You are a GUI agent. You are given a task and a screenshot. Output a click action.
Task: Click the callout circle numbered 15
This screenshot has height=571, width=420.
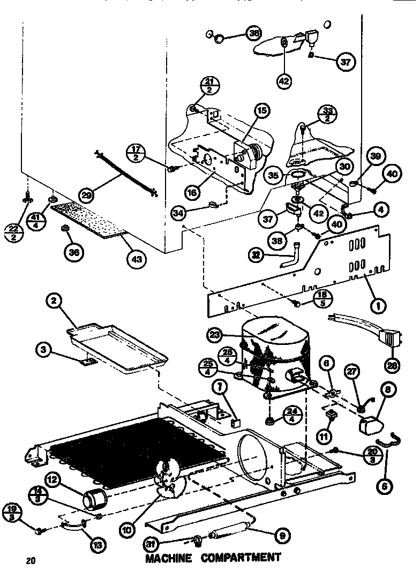tap(262, 111)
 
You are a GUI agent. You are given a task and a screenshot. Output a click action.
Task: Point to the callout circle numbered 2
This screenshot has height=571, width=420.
tap(53, 302)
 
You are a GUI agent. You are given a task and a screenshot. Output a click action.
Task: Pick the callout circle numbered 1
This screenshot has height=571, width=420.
tap(378, 307)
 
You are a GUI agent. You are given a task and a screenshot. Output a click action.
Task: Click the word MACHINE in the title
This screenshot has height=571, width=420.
tap(169, 558)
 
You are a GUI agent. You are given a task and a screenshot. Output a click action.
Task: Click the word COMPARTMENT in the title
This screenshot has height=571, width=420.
tap(241, 558)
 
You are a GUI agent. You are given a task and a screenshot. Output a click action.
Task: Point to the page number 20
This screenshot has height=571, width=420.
tap(30, 561)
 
